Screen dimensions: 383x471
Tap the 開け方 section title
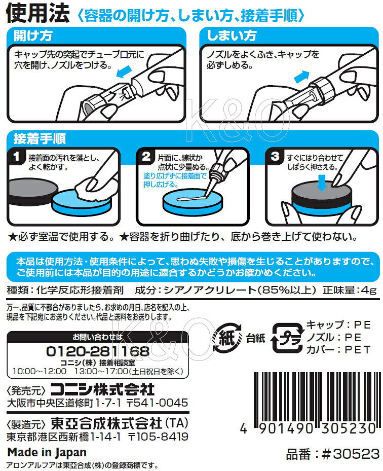point(33,35)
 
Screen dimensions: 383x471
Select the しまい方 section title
point(232,35)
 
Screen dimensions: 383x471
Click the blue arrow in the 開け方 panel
point(124,72)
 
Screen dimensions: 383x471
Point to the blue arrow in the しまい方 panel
point(301,76)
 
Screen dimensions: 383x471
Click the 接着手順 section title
point(40,138)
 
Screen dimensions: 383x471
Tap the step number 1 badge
point(17,156)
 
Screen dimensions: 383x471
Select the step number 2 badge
point(146,156)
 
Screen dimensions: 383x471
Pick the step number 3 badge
point(275,156)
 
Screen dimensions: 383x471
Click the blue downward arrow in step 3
point(322,183)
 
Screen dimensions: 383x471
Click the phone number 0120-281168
point(98,351)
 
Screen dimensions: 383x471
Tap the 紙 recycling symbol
point(227,338)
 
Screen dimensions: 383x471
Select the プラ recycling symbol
point(287,338)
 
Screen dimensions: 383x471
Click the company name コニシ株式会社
point(103,389)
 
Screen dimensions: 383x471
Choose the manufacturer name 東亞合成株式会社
point(106,423)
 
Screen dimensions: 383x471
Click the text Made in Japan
point(47,452)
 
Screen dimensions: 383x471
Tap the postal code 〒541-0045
point(157,403)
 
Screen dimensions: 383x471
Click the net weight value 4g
point(369,290)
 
